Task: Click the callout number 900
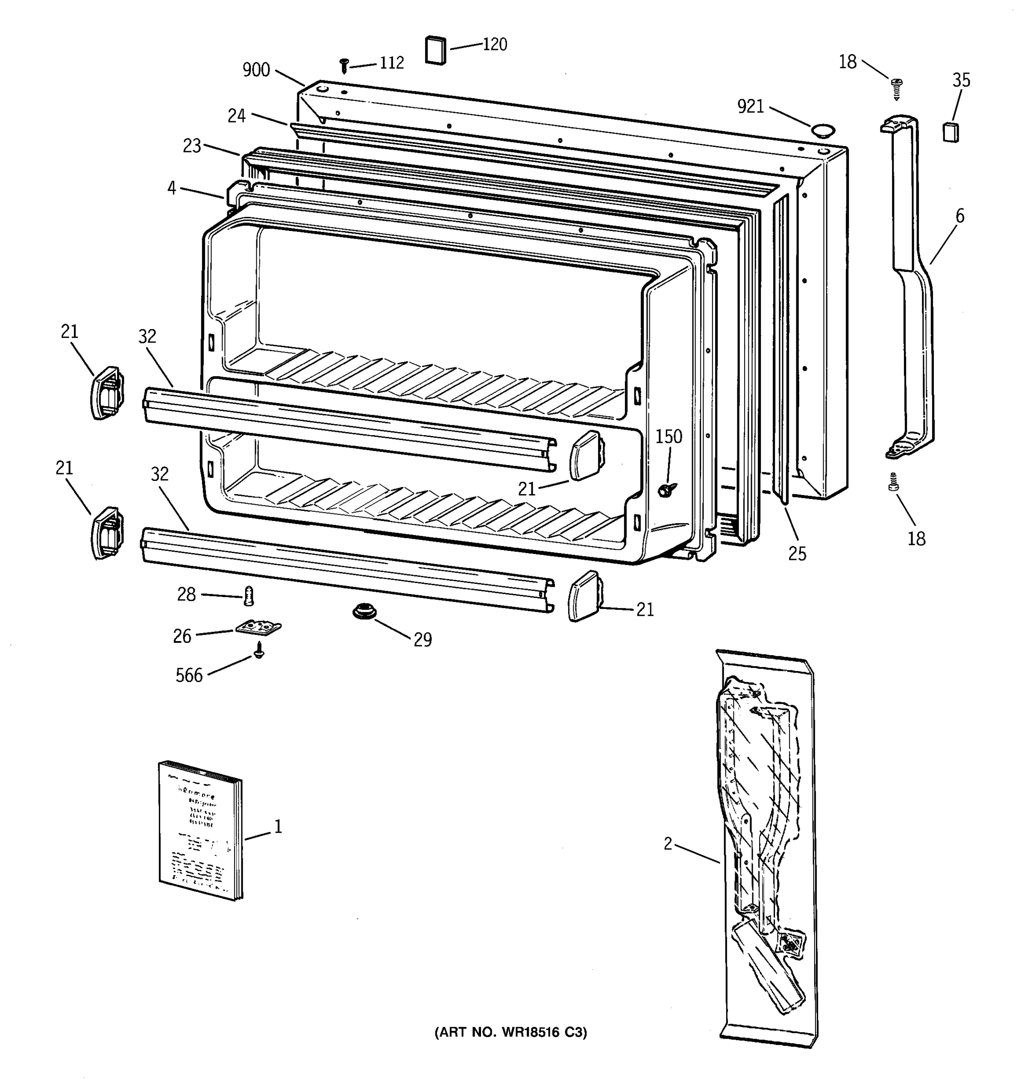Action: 256,70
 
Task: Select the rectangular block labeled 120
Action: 436,50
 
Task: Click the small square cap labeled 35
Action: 950,132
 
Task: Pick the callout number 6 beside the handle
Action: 960,216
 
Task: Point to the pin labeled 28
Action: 250,595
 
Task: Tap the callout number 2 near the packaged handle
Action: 667,844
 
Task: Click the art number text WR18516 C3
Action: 510,1033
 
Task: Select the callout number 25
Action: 797,554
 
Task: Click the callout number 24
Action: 236,116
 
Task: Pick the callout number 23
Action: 191,146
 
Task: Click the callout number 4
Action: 172,188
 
